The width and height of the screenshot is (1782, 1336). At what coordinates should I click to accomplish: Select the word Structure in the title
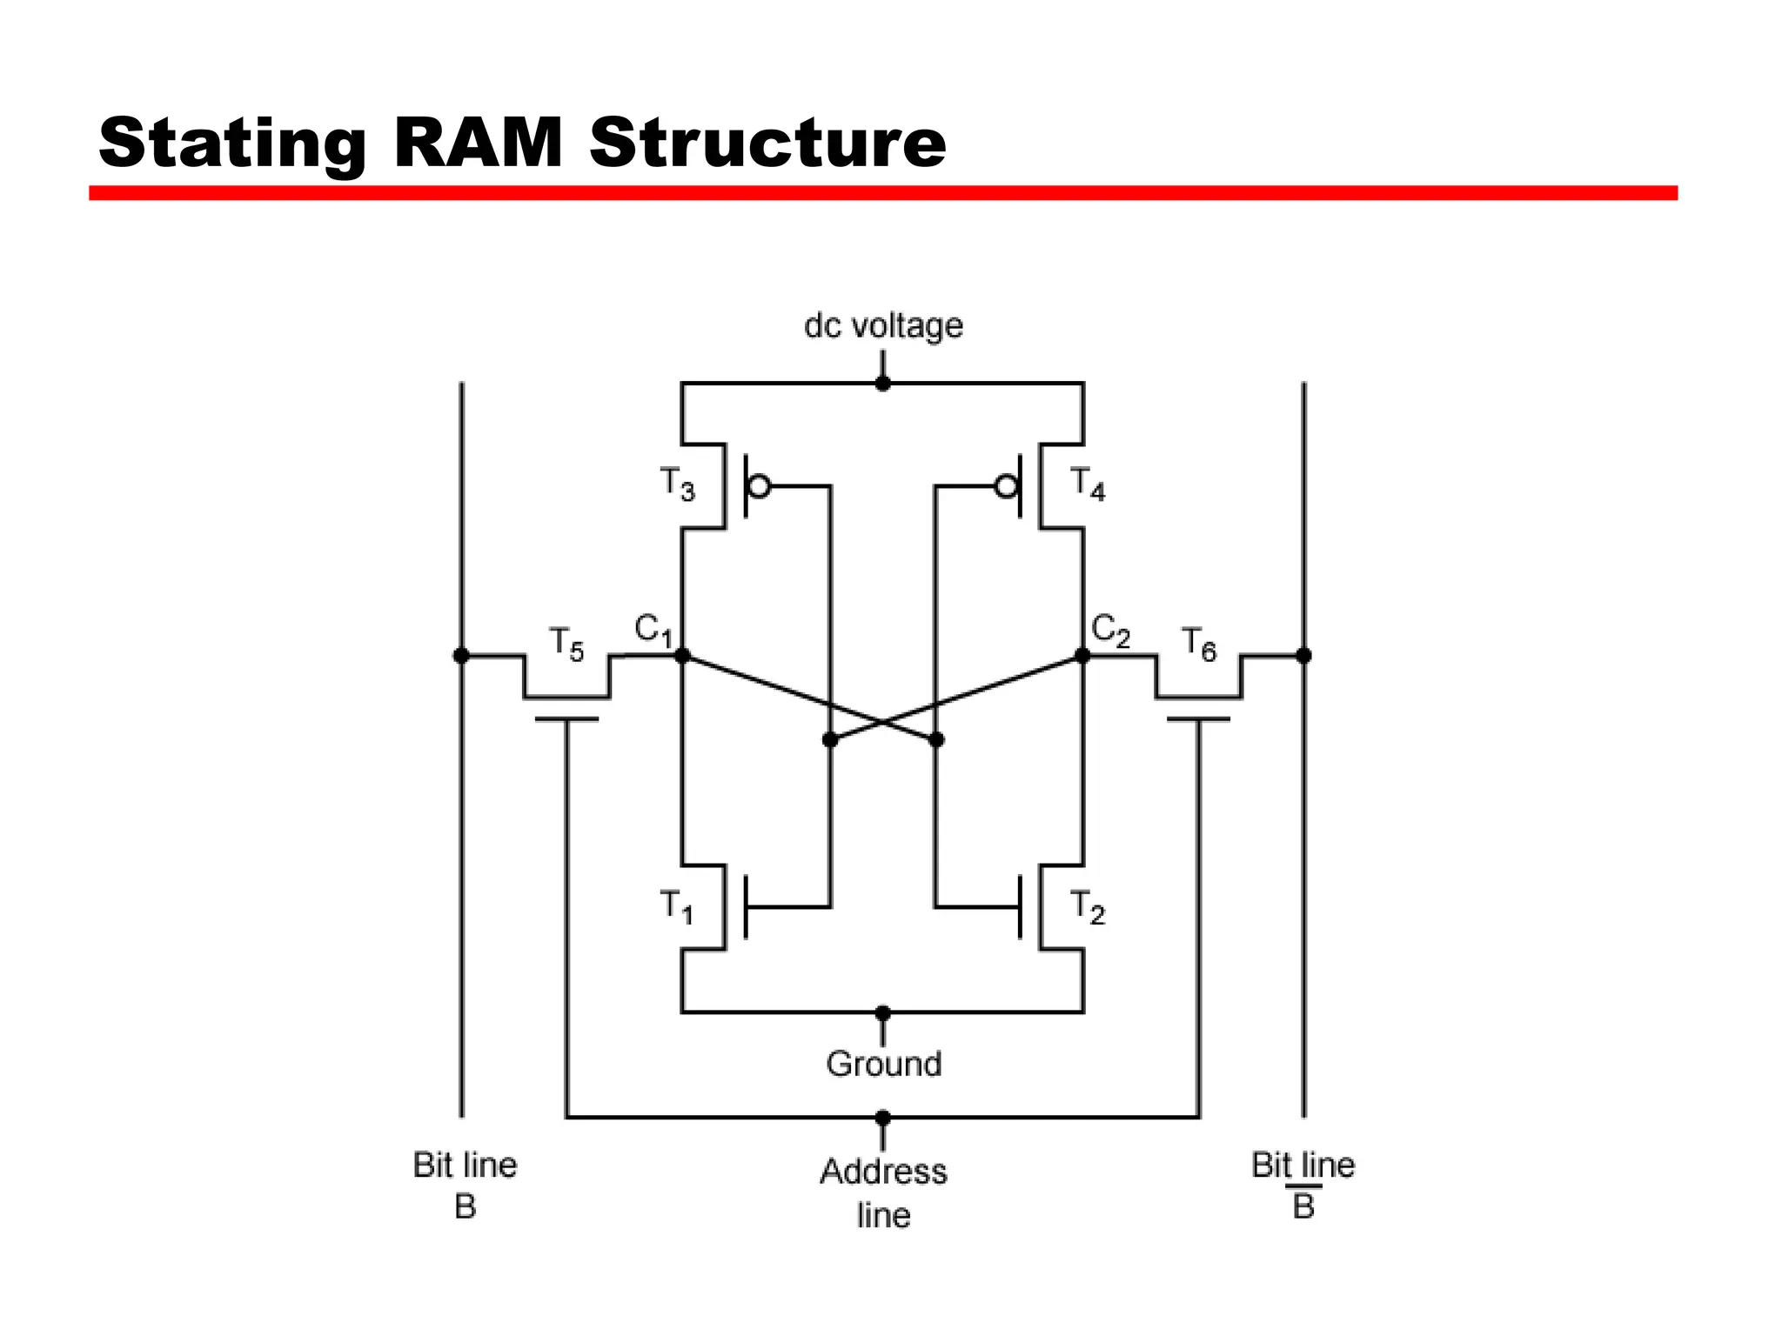[x=767, y=144]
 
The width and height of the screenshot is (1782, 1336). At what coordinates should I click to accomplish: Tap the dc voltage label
[x=883, y=325]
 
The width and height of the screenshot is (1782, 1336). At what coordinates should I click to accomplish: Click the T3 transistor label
[x=677, y=484]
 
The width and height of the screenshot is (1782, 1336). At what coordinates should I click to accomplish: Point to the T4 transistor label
[x=1087, y=484]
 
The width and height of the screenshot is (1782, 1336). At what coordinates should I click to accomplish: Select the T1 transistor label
[x=676, y=906]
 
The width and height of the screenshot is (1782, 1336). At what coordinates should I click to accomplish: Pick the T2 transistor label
[x=1087, y=906]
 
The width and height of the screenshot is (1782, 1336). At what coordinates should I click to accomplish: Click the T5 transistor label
[x=566, y=645]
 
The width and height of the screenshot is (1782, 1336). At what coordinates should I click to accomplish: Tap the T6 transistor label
[x=1198, y=645]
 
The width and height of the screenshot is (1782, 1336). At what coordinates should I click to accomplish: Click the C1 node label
[x=653, y=630]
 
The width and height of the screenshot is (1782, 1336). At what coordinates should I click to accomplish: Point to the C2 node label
[x=1110, y=630]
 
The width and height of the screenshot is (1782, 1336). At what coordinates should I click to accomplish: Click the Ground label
[x=883, y=1064]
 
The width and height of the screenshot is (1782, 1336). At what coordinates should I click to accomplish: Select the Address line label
[x=883, y=1192]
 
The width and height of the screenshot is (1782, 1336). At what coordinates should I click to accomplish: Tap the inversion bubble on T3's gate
[x=759, y=486]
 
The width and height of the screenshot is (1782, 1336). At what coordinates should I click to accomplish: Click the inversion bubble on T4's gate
[x=1007, y=486]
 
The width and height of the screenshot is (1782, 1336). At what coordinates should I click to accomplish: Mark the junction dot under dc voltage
[x=883, y=384]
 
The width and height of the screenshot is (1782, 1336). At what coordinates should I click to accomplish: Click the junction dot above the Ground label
[x=883, y=1013]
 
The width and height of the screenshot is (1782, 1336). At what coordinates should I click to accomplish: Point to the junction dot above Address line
[x=883, y=1118]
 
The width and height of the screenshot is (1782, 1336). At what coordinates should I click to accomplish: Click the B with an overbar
[x=1303, y=1206]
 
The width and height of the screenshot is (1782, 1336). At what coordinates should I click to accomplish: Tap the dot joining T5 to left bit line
[x=461, y=656]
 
